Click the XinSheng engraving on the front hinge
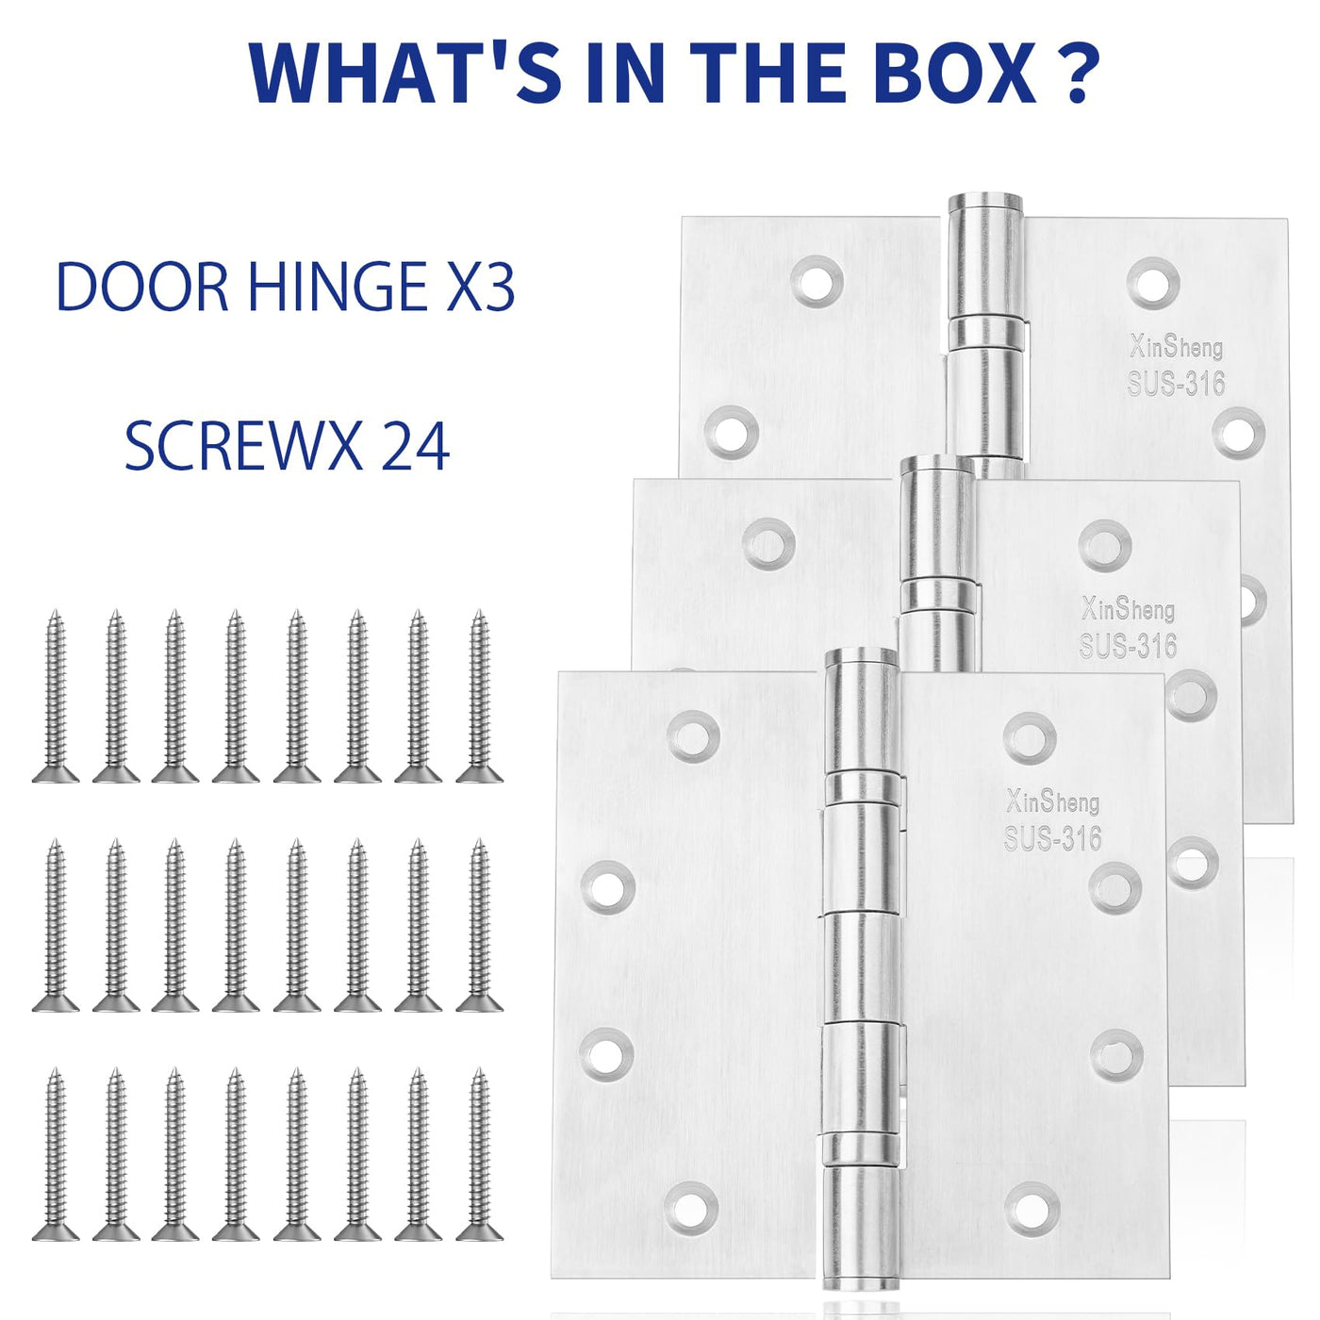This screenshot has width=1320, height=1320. point(1053,800)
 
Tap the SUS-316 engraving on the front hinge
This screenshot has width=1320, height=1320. point(1053,838)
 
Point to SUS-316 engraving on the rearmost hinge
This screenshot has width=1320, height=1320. point(1176,383)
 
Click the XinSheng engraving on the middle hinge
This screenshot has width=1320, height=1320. point(1128,608)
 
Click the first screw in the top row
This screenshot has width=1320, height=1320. point(56,696)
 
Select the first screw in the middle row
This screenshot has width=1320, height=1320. point(56,925)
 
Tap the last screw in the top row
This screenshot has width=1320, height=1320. point(480,696)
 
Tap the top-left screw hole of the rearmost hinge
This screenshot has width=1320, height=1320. point(817,281)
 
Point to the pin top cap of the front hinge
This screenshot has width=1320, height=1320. point(861,659)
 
